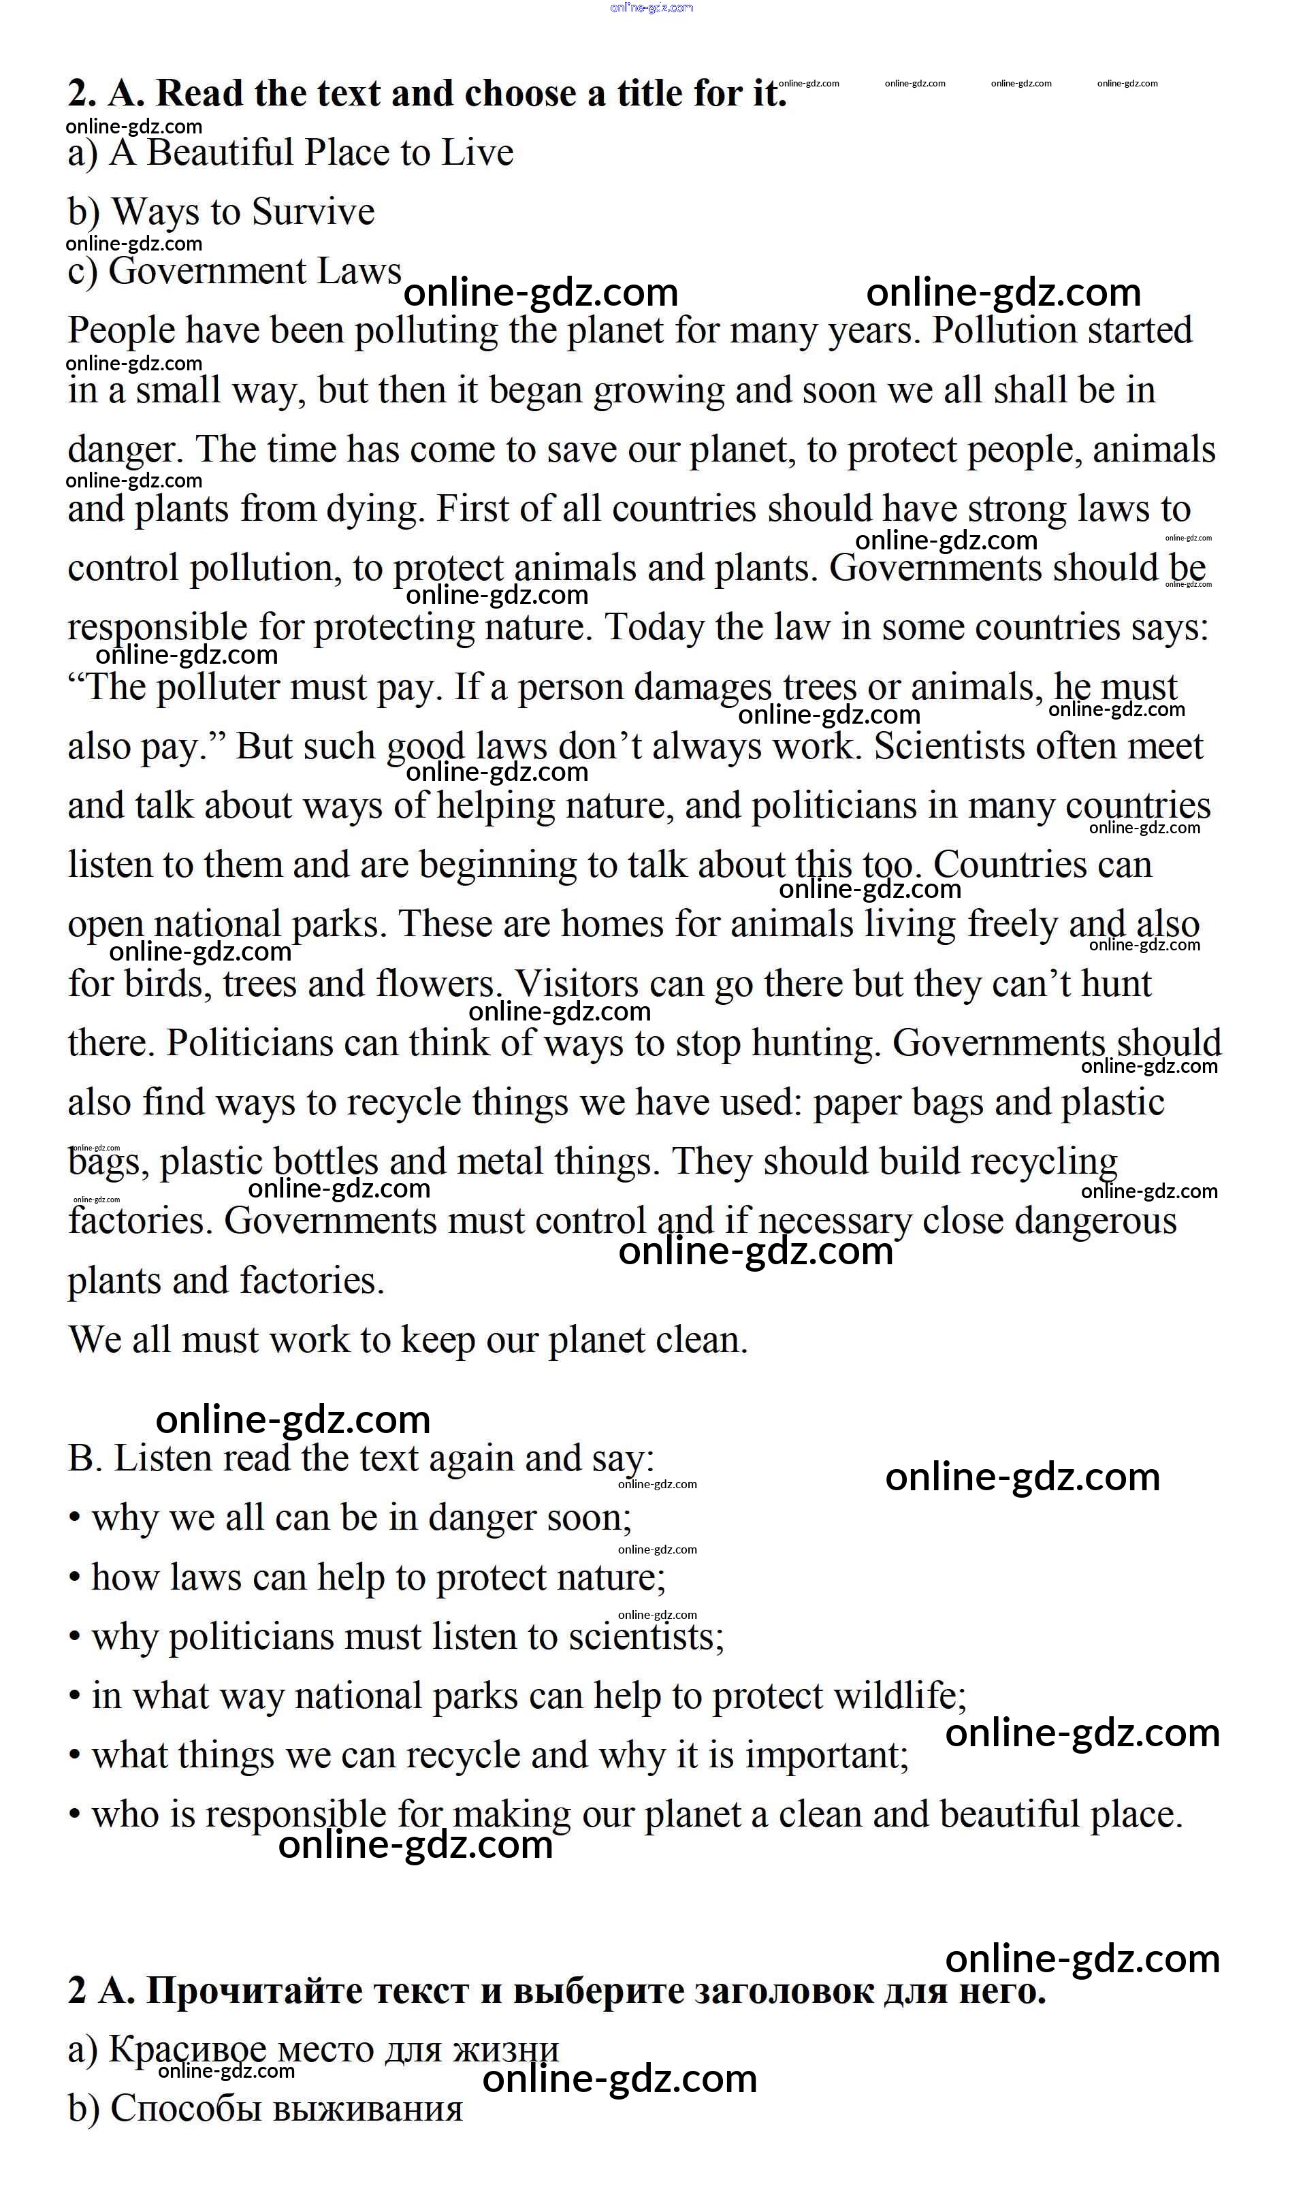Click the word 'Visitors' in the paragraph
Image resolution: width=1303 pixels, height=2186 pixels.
[x=577, y=984]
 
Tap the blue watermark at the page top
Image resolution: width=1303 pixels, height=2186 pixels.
[x=651, y=8]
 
